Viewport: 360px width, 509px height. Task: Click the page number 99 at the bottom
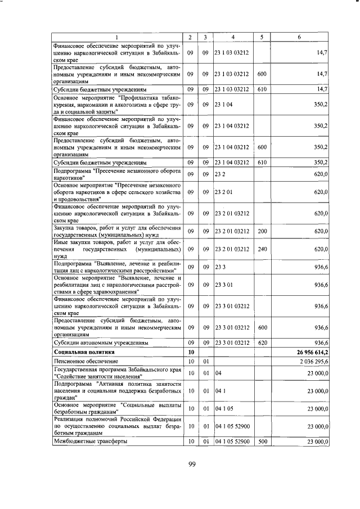point(190,463)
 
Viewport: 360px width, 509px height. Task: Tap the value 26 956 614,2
point(308,352)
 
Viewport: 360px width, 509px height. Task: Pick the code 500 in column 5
point(262,442)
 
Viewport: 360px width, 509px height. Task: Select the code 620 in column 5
point(262,342)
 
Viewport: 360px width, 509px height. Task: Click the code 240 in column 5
point(262,249)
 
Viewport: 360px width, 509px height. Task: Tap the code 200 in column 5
point(262,231)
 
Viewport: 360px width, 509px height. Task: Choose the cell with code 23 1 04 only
point(223,104)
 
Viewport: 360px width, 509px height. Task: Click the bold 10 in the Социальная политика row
point(191,352)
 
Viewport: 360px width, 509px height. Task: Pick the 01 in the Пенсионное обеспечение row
point(206,361)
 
